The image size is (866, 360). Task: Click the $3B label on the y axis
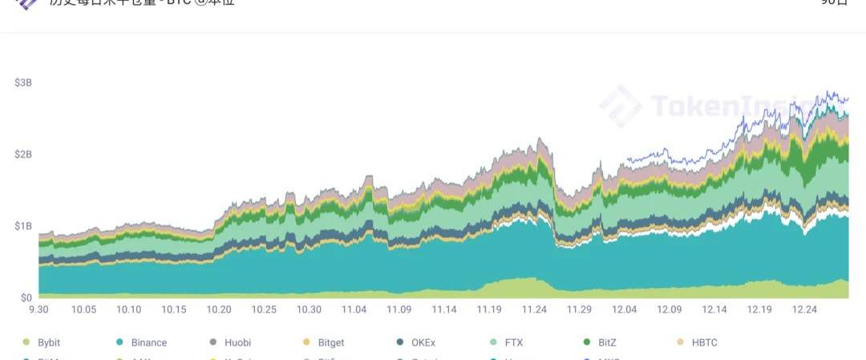[x=22, y=83]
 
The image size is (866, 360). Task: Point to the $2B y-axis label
[x=22, y=154]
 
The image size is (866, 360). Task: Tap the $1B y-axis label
[x=22, y=226]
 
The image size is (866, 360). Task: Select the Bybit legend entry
[x=50, y=342]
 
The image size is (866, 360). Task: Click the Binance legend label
[x=148, y=342]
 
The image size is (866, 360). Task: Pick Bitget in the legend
[x=330, y=342]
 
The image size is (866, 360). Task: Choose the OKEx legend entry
[x=423, y=342]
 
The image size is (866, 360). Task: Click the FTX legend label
[x=513, y=342]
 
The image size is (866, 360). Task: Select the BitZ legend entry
[x=607, y=342]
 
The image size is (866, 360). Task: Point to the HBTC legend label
[x=704, y=342]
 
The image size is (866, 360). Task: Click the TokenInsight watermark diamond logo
[x=621, y=106]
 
